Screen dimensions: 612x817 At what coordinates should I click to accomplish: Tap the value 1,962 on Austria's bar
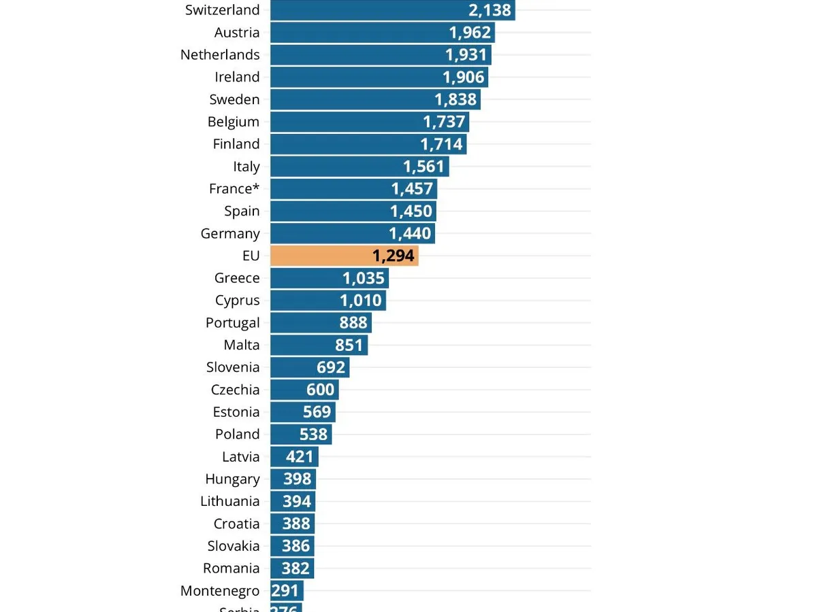[x=470, y=33]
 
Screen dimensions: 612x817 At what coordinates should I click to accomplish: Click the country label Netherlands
[x=220, y=55]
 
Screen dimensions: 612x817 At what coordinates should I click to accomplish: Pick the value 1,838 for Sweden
[x=455, y=99]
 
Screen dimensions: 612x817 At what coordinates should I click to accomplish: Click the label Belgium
[x=234, y=122]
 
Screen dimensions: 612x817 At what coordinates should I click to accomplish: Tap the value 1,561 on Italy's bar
[x=423, y=167]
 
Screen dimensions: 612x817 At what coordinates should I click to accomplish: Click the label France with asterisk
[x=234, y=189]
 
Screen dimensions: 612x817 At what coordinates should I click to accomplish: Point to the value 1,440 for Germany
[x=410, y=234]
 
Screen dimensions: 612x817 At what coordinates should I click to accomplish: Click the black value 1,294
[x=393, y=256]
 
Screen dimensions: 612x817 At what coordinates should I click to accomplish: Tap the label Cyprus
[x=237, y=301]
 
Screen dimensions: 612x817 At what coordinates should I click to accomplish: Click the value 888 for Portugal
[x=353, y=323]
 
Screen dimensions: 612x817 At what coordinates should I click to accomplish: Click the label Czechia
[x=235, y=390]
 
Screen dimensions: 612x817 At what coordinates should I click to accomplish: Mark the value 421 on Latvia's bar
[x=300, y=457]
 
